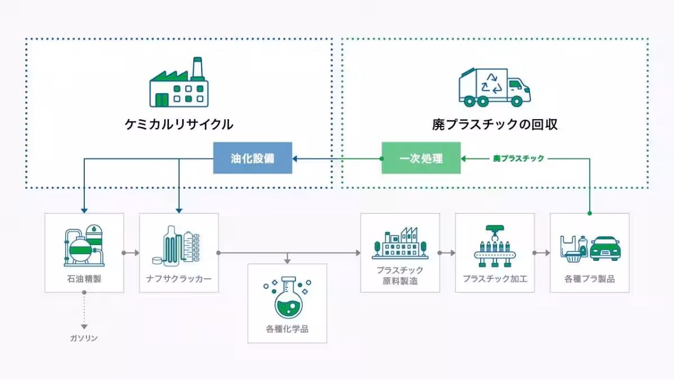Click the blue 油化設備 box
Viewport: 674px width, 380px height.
(252, 158)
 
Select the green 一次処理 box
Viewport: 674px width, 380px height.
(421, 158)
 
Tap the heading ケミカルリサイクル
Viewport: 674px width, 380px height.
(179, 124)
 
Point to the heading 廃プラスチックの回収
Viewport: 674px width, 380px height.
(494, 124)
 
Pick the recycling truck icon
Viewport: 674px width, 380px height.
(494, 87)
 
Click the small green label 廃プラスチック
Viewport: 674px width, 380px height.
(518, 159)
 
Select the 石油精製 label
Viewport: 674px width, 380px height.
(84, 278)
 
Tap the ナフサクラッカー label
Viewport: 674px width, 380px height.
(179, 278)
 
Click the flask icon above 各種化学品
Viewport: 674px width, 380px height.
(287, 297)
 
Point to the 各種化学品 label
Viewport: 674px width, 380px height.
(287, 329)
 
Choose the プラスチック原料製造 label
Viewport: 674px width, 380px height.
(400, 275)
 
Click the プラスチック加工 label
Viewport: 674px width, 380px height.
(495, 278)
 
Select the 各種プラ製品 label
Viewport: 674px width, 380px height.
(589, 278)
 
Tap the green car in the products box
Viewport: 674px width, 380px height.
(604, 247)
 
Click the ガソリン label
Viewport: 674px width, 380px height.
(84, 338)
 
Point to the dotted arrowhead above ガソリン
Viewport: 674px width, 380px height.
(84, 326)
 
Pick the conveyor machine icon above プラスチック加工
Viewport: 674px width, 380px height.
(495, 246)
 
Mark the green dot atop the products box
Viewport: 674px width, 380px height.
(589, 214)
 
